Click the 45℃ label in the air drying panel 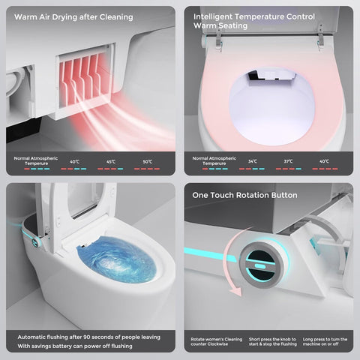(111, 162)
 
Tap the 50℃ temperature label (148, 162)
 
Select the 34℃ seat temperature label (253, 161)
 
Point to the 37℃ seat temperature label (288, 161)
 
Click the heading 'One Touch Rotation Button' (244, 195)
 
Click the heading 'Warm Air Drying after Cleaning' (73, 17)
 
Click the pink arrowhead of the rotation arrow (235, 291)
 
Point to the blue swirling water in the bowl (117, 260)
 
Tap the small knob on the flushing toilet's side (35, 241)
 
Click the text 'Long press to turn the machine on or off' (325, 342)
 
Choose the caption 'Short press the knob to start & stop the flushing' (272, 342)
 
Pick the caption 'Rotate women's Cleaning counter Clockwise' (217, 342)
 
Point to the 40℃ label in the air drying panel (74, 162)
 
